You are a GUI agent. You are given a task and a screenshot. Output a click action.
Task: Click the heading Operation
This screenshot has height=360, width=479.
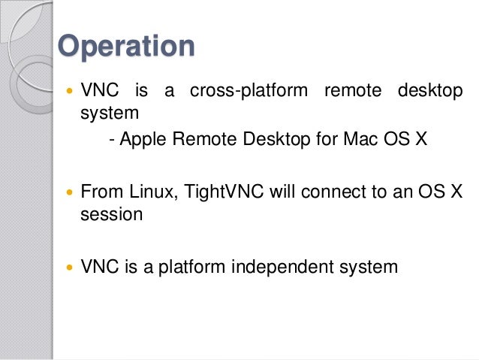coord(126,46)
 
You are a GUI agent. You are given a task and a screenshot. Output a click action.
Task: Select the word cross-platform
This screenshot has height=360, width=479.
coord(249,92)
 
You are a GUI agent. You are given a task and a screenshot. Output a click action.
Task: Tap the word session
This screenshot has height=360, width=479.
coord(111,214)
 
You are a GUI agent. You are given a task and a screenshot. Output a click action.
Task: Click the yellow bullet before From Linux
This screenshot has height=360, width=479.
coord(71,192)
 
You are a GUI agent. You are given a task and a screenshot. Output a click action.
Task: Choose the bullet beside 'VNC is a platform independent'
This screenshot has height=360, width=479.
coord(71,266)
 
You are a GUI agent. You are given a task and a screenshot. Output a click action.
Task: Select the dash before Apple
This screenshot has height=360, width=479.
coord(112,140)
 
